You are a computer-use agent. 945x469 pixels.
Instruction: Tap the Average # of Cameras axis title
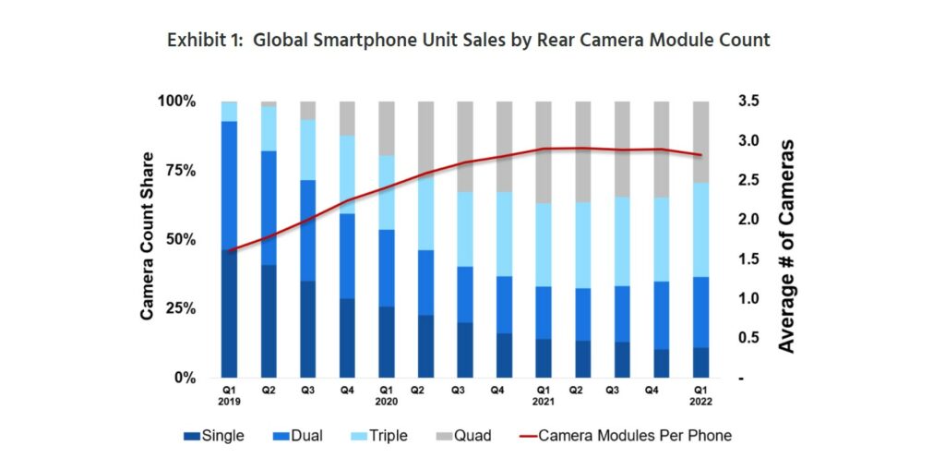[x=786, y=246]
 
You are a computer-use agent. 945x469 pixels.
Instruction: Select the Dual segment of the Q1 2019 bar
[x=229, y=185]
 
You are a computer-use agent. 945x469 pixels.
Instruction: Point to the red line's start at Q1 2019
[x=230, y=250]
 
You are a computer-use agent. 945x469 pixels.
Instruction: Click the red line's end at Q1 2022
[x=701, y=155]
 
